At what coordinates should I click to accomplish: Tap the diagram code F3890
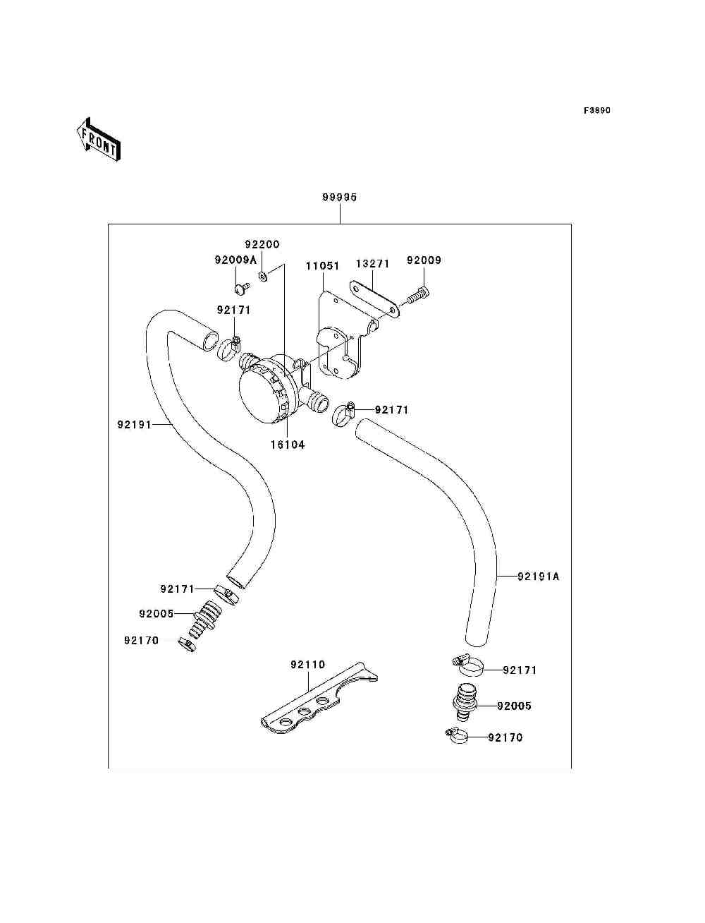point(596,111)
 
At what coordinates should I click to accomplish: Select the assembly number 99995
point(340,198)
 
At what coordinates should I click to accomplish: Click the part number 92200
point(262,245)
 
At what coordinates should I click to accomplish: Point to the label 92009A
point(235,260)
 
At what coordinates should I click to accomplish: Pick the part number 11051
point(322,267)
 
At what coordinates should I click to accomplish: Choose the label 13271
point(372,264)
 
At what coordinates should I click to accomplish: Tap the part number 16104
point(288,445)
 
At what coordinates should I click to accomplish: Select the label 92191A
point(538,577)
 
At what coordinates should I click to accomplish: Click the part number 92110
point(308,665)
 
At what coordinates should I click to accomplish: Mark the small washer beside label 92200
point(262,275)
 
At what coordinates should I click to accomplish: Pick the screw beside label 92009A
point(241,287)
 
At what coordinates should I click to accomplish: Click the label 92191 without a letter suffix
point(135,425)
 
